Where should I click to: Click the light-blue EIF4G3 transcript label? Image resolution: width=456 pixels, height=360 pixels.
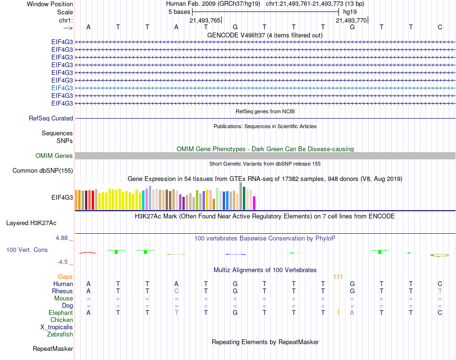(62, 88)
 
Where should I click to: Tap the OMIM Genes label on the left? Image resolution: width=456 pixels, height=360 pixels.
(54, 156)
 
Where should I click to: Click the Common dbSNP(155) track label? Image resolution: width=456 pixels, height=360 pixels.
(43, 170)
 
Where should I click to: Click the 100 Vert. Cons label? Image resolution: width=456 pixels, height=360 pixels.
(27, 250)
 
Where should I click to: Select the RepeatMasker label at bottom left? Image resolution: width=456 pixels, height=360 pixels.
(53, 348)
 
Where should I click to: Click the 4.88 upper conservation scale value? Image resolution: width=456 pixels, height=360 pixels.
(64, 238)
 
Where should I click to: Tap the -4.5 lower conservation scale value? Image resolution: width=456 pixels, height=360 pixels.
(65, 262)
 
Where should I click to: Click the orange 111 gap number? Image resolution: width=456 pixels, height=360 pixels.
(338, 277)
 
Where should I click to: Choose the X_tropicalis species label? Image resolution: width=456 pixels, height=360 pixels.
(57, 327)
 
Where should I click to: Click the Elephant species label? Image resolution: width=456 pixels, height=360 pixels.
(61, 312)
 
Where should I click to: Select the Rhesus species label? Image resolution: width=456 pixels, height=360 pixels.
(62, 291)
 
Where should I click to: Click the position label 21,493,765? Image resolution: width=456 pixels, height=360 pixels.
(205, 20)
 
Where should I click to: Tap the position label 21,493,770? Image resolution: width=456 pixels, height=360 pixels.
(351, 20)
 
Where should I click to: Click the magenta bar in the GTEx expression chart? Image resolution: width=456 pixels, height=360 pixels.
(254, 203)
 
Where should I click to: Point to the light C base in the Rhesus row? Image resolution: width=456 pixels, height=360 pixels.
(176, 291)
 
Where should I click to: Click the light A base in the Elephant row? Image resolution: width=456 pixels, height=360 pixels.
(352, 312)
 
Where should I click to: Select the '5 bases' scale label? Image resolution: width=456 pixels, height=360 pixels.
(179, 12)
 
